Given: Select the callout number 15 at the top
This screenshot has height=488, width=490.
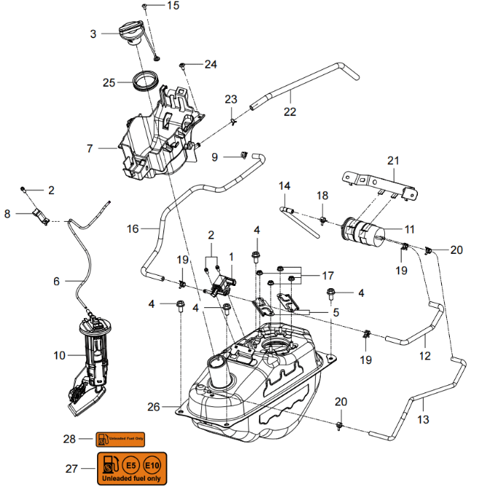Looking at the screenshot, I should (x=172, y=6).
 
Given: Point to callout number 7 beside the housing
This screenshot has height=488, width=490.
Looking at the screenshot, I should (x=90, y=148).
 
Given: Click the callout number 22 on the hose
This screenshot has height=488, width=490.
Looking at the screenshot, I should (x=289, y=112).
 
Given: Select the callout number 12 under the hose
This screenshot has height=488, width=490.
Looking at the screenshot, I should (x=424, y=357).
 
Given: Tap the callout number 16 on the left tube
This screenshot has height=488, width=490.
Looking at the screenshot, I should (x=132, y=229).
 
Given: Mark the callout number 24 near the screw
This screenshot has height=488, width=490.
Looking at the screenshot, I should (x=210, y=64).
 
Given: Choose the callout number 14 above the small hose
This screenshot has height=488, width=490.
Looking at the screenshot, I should (x=284, y=186).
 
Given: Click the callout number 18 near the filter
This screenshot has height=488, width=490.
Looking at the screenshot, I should (x=322, y=195).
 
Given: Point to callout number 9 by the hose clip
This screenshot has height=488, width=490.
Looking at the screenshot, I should (x=215, y=157).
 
